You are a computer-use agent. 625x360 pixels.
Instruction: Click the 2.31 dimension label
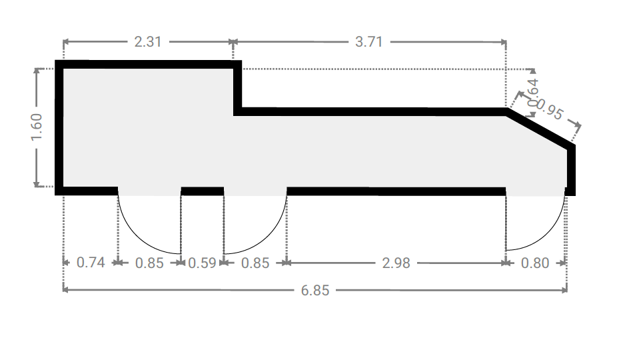click(x=147, y=42)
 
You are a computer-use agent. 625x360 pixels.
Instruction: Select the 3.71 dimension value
click(x=368, y=42)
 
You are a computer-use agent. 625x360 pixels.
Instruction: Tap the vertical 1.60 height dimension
click(x=36, y=127)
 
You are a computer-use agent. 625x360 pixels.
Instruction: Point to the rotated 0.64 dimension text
click(x=533, y=93)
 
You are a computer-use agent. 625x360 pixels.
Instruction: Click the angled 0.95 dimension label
click(x=549, y=109)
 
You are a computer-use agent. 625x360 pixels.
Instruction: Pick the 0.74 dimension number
click(x=91, y=263)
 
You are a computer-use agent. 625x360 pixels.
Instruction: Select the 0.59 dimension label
click(x=202, y=263)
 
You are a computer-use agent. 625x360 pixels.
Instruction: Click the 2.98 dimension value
click(x=396, y=263)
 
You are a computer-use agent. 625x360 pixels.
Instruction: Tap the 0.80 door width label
click(x=535, y=263)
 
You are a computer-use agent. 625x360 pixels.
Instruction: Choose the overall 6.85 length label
click(x=315, y=291)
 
